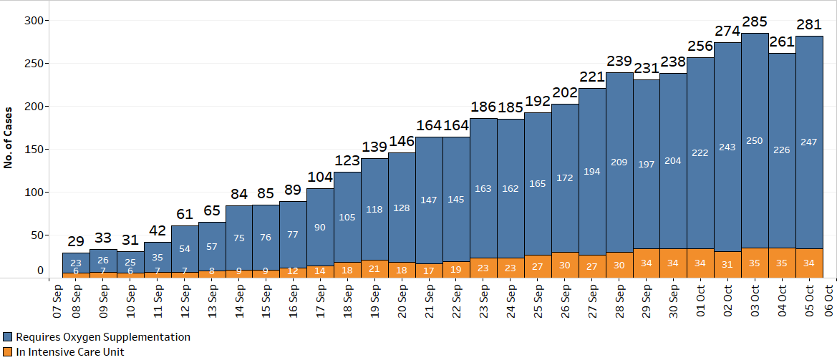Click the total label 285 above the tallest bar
755,21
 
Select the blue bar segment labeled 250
755,141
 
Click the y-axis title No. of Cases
9,139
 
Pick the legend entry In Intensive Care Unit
70,351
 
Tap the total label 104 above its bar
320,177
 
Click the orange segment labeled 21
374,268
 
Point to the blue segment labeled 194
592,172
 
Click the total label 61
185,214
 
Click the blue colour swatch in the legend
8,336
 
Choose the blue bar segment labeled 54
185,248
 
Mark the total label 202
565,92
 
